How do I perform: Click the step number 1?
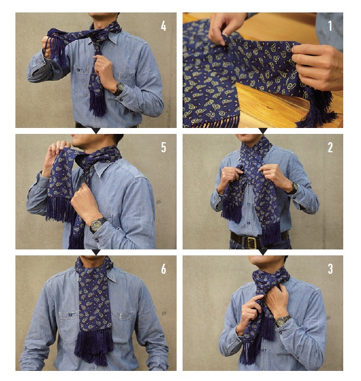pos(330,25)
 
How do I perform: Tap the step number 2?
pos(330,148)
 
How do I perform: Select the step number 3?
pos(330,269)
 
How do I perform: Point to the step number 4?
pos(164,26)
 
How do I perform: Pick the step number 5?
pos(164,148)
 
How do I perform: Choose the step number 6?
pos(164,269)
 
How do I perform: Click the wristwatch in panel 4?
pos(119,88)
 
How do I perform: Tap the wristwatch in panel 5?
pos(97,225)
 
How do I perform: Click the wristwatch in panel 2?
pos(293,188)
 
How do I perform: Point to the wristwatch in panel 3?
pos(283,321)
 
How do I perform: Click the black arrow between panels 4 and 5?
pos(97,131)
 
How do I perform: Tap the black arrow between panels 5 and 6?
pos(97,252)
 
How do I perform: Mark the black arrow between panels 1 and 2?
pos(263,131)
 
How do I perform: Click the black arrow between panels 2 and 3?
pos(263,252)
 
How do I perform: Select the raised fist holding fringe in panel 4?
pos(47,47)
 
